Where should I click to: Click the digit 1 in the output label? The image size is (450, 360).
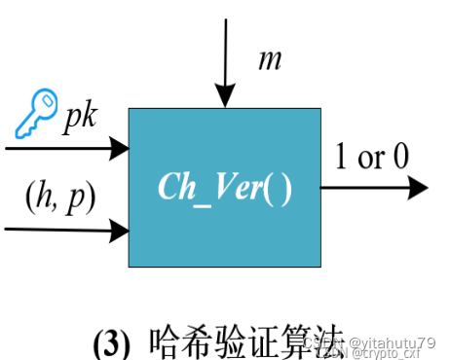coord(342,157)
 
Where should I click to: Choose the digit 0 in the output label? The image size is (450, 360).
coord(400,158)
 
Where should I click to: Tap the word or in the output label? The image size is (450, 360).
coord(371,159)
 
